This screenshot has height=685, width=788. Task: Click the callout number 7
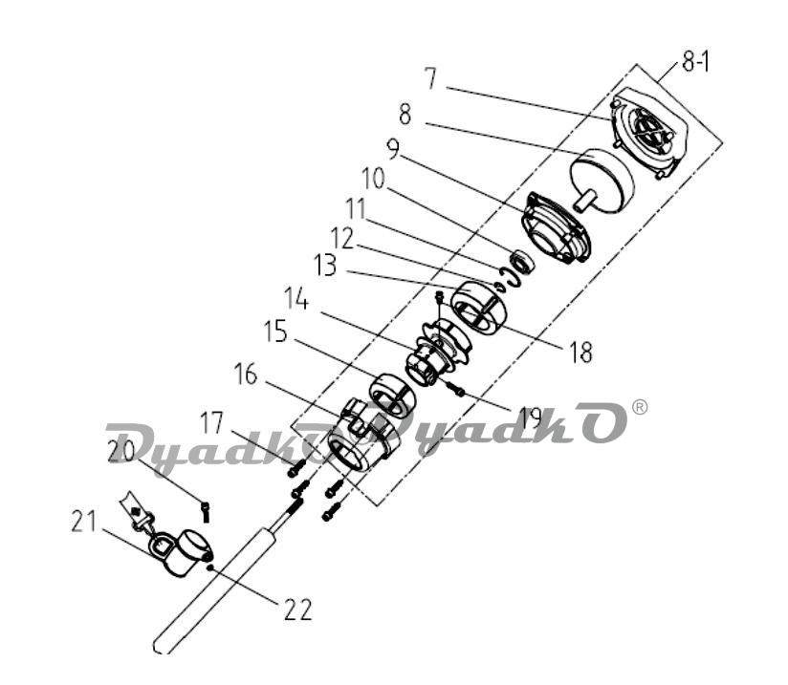click(x=430, y=78)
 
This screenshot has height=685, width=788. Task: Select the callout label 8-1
click(x=695, y=64)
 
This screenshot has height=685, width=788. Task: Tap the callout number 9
click(x=393, y=149)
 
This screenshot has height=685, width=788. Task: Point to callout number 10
click(x=373, y=179)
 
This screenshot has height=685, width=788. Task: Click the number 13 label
click(x=325, y=266)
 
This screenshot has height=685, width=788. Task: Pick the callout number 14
click(x=296, y=298)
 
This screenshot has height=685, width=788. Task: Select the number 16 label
click(x=246, y=375)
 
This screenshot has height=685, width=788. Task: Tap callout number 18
click(x=580, y=352)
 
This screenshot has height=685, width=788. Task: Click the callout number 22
click(x=298, y=610)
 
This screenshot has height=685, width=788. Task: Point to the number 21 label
click(x=84, y=522)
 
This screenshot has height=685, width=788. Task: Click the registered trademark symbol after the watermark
click(x=639, y=407)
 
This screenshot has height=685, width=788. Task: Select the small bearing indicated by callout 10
click(x=520, y=262)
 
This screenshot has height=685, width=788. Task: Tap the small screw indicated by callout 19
click(x=454, y=388)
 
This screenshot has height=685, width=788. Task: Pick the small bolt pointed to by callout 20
click(x=206, y=511)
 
